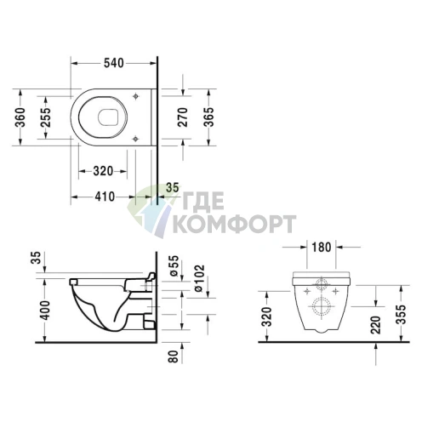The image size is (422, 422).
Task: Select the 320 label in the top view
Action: (x=102, y=170)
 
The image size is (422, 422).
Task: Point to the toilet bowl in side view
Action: (x=106, y=306)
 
